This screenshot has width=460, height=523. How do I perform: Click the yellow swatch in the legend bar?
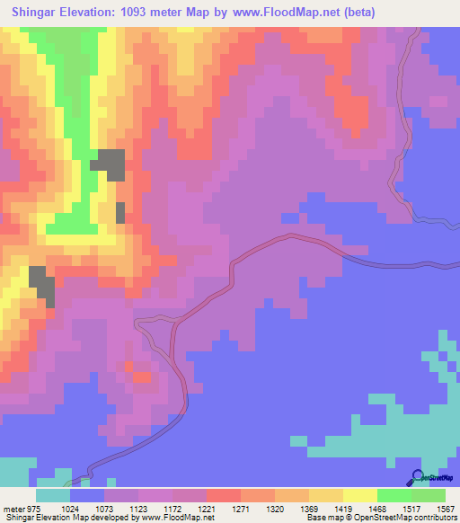359,495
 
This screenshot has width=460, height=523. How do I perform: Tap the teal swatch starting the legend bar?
53,495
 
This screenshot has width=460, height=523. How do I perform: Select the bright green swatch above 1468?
394,495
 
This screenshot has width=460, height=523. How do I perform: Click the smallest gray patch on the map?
120,213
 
